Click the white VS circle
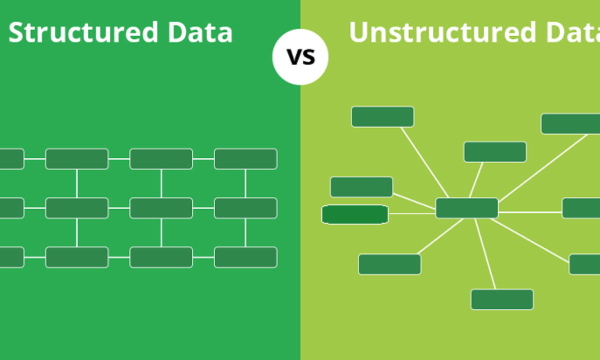300,57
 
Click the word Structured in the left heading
83,32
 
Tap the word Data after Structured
200,32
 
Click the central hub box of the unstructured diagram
467,208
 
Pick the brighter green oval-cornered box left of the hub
355,214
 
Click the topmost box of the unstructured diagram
382,117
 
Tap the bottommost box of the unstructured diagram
502,299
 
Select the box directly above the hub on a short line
495,152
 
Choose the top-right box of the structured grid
245,159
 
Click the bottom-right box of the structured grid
245,257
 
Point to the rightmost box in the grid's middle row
245,208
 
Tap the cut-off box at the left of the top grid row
12,159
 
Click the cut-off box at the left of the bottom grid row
12,257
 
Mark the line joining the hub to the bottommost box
485,254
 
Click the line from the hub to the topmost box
424,162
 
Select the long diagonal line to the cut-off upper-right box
543,167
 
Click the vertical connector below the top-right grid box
245,183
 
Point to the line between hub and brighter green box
412,213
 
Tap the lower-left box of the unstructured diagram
389,264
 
